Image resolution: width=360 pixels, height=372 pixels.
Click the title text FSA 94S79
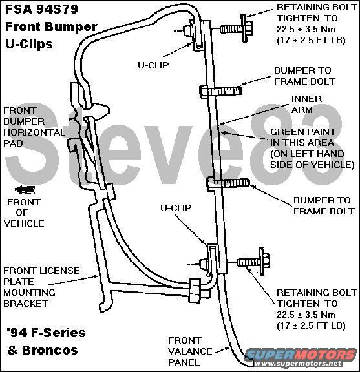click(41, 9)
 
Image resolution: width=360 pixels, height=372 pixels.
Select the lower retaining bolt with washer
click(253, 262)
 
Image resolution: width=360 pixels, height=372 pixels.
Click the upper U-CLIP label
click(153, 65)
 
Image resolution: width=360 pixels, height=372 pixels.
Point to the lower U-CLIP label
click(176, 208)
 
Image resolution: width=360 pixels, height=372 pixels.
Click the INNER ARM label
click(306, 105)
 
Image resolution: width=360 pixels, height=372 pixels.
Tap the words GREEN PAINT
click(302, 132)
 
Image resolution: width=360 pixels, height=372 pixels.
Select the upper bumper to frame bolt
click(221, 91)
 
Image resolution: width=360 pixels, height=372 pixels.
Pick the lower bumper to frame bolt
click(228, 184)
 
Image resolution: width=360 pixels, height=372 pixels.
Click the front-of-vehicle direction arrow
click(25, 190)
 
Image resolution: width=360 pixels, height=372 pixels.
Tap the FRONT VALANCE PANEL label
click(190, 351)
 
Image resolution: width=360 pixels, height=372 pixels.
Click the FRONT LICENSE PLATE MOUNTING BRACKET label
click(41, 287)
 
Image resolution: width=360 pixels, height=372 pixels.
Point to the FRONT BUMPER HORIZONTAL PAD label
click(34, 127)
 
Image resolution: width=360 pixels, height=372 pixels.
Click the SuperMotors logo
click(301, 357)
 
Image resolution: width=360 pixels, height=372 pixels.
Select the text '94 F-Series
click(46, 333)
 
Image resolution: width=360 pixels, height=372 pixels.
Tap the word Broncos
click(50, 351)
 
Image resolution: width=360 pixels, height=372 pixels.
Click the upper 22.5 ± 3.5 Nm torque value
click(306, 30)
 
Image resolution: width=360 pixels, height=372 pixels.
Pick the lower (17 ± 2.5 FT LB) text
click(311, 325)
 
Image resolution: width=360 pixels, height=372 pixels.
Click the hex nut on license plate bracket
click(195, 291)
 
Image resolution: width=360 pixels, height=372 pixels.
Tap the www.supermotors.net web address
click(297, 363)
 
